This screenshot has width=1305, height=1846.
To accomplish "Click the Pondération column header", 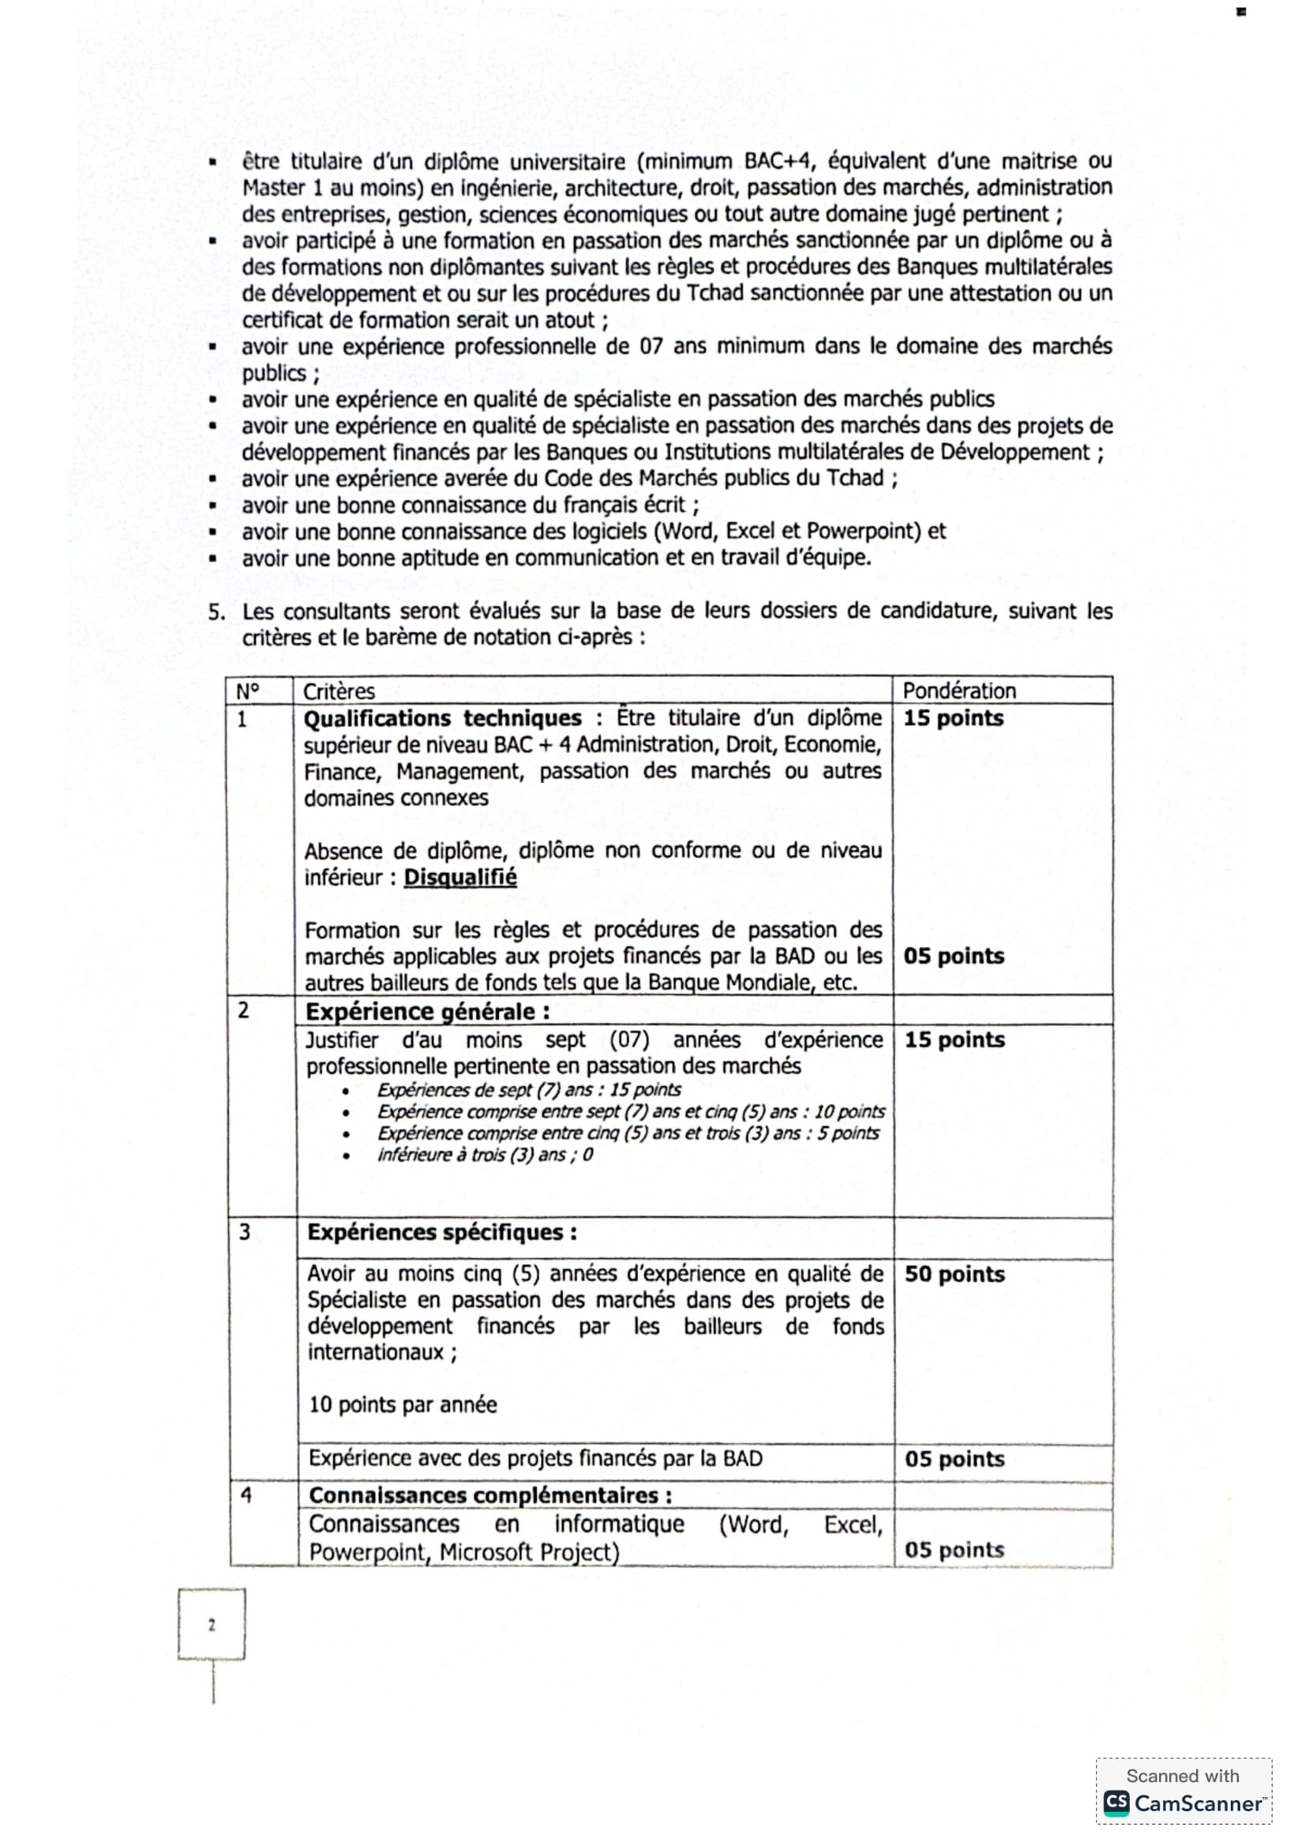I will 958,691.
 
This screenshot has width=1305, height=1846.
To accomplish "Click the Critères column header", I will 339,691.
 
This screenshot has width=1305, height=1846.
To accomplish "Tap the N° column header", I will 248,691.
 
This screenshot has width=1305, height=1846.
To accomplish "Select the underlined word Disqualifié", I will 460,877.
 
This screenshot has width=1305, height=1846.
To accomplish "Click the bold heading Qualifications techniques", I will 442,718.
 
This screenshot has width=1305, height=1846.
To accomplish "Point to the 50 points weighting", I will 954,1275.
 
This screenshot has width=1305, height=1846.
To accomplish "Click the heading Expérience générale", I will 427,1012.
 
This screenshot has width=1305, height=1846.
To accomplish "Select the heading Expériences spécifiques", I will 441,1233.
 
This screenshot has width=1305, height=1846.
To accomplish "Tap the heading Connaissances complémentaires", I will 489,1496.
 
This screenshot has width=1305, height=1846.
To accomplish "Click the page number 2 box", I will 212,1625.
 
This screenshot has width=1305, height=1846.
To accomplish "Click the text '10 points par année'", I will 403,1405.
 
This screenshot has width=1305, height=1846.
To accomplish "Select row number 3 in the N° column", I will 245,1232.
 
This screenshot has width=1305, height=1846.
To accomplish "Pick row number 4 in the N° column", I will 246,1495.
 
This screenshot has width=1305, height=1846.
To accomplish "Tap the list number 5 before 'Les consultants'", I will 216,612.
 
